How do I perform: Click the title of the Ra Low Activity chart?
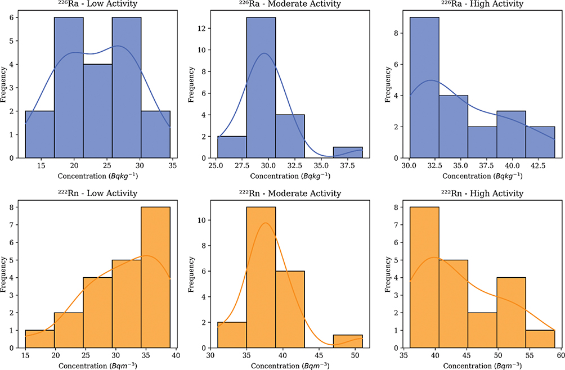(98, 4)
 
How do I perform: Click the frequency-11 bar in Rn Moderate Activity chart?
(261, 270)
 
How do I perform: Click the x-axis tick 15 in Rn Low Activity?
(26, 355)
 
